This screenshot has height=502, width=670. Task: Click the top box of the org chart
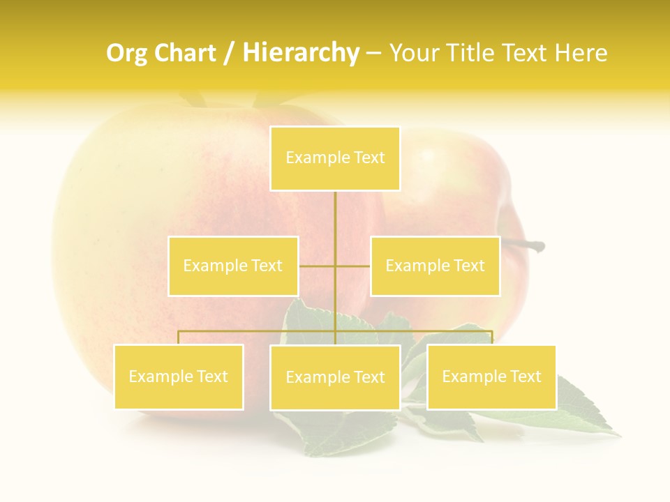pos(335,158)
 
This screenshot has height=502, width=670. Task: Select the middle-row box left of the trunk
pos(233,266)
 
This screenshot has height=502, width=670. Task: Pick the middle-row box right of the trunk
pos(435,266)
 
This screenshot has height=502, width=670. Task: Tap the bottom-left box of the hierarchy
pos(179,376)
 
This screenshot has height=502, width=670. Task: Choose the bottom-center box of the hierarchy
pos(335,377)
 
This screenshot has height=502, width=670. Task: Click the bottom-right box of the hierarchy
pos(491,376)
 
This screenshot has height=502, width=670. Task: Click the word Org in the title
pos(128,53)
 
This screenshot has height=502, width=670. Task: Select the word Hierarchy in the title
pos(301,53)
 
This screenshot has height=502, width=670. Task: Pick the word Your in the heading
pos(415,53)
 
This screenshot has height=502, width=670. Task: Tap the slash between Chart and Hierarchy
pos(230,54)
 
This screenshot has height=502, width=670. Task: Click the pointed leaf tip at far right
pos(617,434)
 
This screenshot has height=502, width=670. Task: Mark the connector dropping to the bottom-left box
pos(179,337)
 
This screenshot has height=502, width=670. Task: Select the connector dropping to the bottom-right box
pos(492,337)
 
